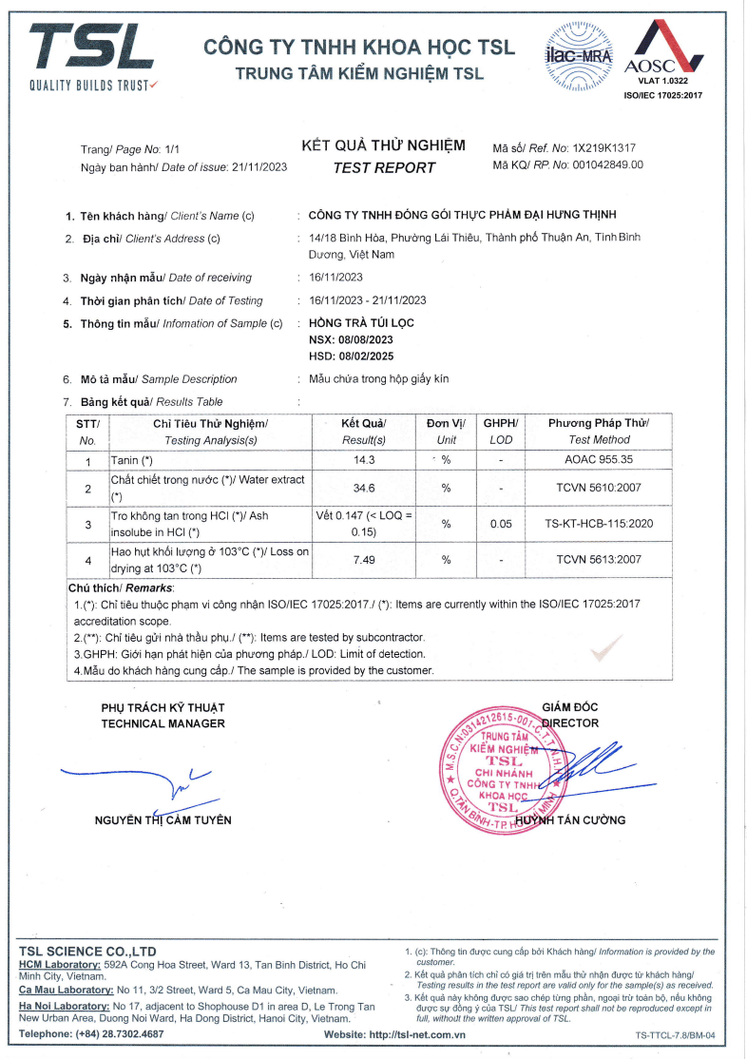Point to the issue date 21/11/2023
pyautogui.click(x=259, y=167)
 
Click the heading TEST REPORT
pyautogui.click(x=384, y=168)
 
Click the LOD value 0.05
pyautogui.click(x=501, y=524)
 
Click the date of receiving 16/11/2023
pyautogui.click(x=336, y=278)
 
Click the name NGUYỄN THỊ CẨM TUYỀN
pyautogui.click(x=163, y=819)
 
